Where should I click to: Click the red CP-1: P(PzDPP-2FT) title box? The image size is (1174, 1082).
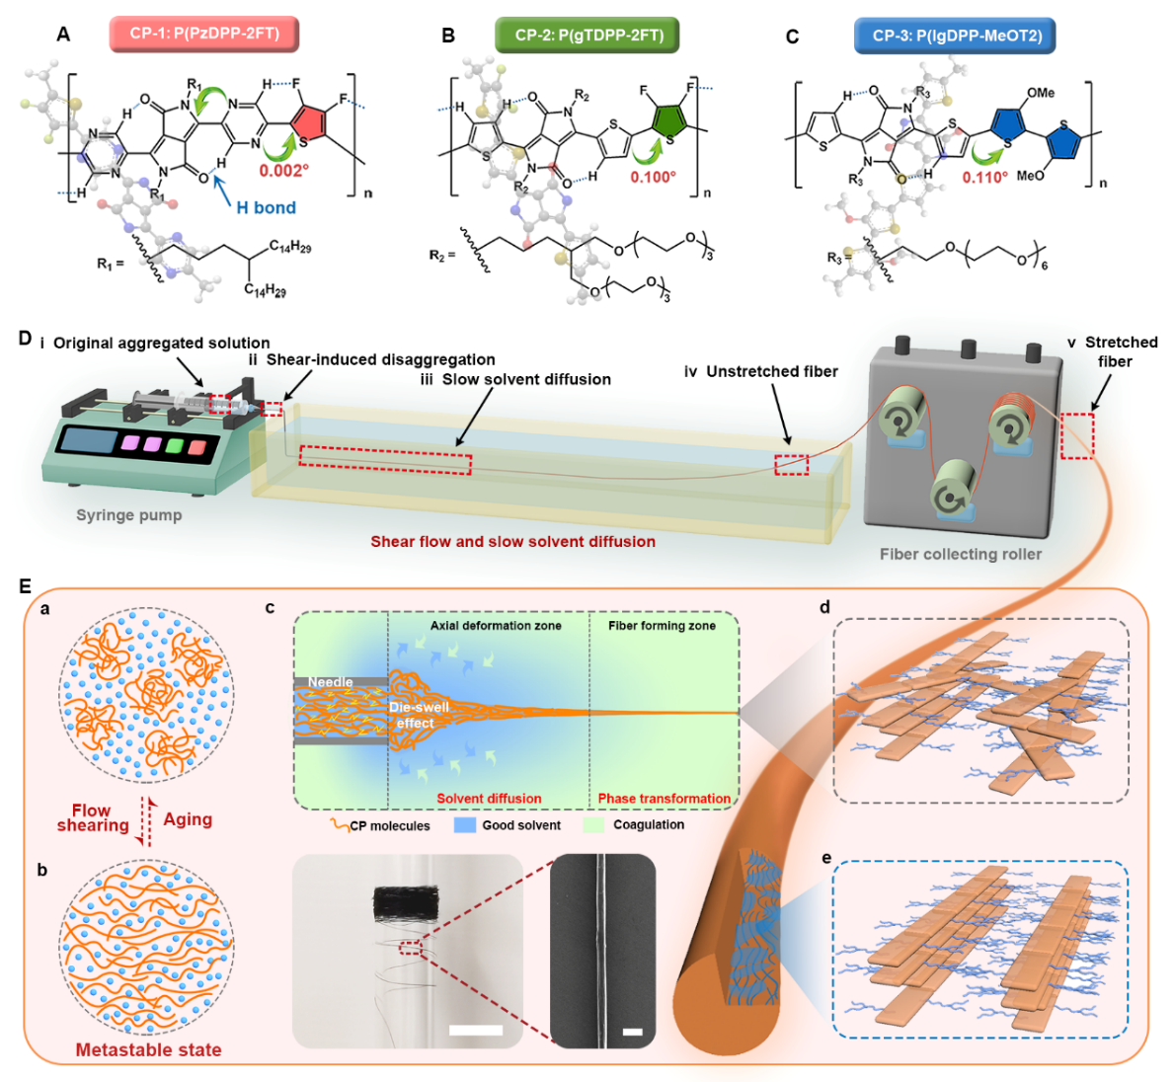coord(204,34)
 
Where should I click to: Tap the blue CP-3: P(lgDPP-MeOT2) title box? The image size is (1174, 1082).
coord(954,37)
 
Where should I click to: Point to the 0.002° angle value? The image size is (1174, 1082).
coord(284,171)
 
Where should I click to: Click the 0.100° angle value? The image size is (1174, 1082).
coord(654,177)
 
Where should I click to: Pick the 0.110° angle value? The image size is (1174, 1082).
coord(985,178)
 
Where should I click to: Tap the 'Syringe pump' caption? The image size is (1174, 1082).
coord(129,514)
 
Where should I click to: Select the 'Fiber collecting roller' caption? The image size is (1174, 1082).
coord(960,554)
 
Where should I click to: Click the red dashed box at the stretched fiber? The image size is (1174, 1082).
coord(1077,435)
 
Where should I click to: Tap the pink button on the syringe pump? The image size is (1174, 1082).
coord(128,444)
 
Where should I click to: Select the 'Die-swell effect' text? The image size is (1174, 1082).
coord(419,715)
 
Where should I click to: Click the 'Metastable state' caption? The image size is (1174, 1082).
coord(148,1049)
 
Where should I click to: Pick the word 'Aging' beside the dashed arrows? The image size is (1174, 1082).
coord(188,819)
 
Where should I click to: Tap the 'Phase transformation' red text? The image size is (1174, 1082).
coord(664,799)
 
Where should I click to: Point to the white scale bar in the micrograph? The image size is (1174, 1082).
coord(633,1033)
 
